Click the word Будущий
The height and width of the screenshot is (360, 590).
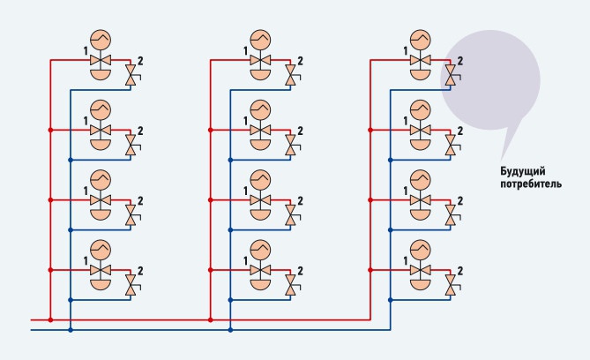(x=523, y=172)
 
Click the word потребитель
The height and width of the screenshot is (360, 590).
(x=531, y=184)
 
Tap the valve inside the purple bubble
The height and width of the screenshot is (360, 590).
(x=451, y=75)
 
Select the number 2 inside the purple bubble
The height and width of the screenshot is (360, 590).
(x=459, y=61)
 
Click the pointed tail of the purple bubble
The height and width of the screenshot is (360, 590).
(x=503, y=157)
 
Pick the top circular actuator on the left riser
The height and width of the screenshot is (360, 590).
(x=101, y=41)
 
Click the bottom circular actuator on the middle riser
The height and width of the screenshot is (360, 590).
(x=260, y=251)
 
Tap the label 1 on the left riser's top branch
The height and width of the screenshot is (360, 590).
(x=86, y=51)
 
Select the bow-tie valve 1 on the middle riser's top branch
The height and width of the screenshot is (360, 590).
(x=260, y=60)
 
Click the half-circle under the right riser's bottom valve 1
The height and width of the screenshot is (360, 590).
(x=421, y=283)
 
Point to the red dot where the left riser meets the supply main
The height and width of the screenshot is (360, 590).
(x=50, y=319)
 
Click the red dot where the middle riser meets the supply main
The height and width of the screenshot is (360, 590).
(x=211, y=319)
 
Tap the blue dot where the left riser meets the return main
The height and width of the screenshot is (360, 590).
(x=71, y=330)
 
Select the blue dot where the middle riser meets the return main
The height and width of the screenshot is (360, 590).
(x=230, y=330)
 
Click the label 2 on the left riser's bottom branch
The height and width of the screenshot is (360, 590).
(x=140, y=271)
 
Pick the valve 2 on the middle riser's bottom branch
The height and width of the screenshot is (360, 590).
(x=290, y=285)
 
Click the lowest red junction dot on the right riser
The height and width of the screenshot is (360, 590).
(x=370, y=270)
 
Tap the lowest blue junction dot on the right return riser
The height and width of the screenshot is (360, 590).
(x=390, y=300)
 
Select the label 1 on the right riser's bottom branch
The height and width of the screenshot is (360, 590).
(x=406, y=261)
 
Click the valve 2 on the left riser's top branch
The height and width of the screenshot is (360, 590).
(x=131, y=75)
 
